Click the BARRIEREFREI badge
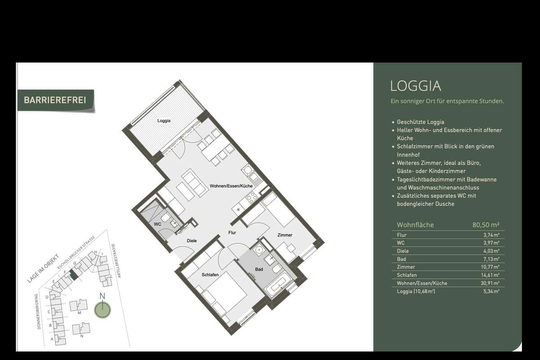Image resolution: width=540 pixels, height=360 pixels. (56, 100)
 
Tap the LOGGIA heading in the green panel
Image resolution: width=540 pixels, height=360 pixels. (416, 86)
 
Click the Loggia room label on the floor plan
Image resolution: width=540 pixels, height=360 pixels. (164, 121)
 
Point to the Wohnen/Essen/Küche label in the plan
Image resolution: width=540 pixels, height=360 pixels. (231, 186)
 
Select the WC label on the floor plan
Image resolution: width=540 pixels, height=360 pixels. (157, 224)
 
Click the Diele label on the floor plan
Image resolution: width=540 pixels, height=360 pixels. (192, 241)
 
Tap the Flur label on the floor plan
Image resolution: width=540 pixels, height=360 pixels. (232, 233)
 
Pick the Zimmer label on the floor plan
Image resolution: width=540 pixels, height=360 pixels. (285, 235)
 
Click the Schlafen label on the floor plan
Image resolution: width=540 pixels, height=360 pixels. (210, 274)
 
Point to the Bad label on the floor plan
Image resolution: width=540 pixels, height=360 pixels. (259, 269)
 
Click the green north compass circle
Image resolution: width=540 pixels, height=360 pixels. (103, 310)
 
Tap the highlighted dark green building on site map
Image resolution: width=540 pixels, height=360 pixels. (74, 274)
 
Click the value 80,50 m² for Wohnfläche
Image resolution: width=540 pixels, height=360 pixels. (486, 225)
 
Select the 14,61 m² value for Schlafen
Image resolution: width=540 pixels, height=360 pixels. (490, 275)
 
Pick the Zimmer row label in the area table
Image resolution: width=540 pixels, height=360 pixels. (406, 267)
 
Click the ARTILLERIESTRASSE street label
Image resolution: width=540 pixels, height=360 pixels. (116, 261)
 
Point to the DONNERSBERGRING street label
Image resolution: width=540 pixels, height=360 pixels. (38, 311)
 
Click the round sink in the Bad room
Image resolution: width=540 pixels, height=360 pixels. (259, 250)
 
